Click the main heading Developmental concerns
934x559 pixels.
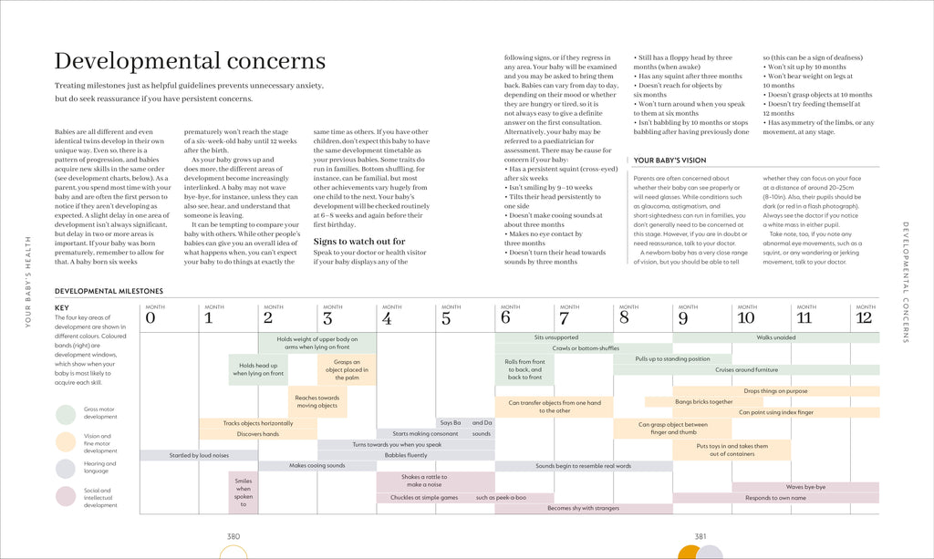point(190,61)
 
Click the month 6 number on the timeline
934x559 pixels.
point(505,318)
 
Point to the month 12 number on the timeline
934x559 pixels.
point(864,318)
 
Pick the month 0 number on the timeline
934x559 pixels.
point(150,318)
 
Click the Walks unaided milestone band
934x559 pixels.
point(775,337)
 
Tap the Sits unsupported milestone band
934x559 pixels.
point(556,337)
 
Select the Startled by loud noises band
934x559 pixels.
point(198,455)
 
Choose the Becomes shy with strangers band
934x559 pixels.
point(583,508)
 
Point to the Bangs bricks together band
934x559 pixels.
point(703,401)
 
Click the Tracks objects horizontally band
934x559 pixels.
point(258,423)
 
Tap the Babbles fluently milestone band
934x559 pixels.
point(405,455)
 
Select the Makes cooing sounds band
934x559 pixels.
point(317,466)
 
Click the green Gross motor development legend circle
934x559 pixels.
point(65,414)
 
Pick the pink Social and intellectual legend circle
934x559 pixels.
point(65,496)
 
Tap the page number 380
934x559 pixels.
point(233,536)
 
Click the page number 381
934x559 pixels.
point(700,536)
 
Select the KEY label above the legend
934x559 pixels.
point(61,307)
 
